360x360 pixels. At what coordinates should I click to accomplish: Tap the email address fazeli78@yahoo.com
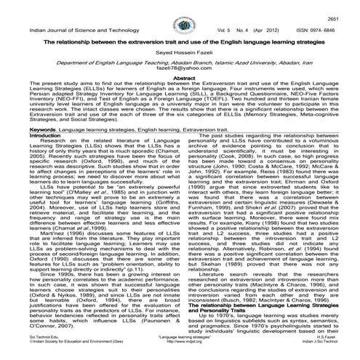tap(179, 78)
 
